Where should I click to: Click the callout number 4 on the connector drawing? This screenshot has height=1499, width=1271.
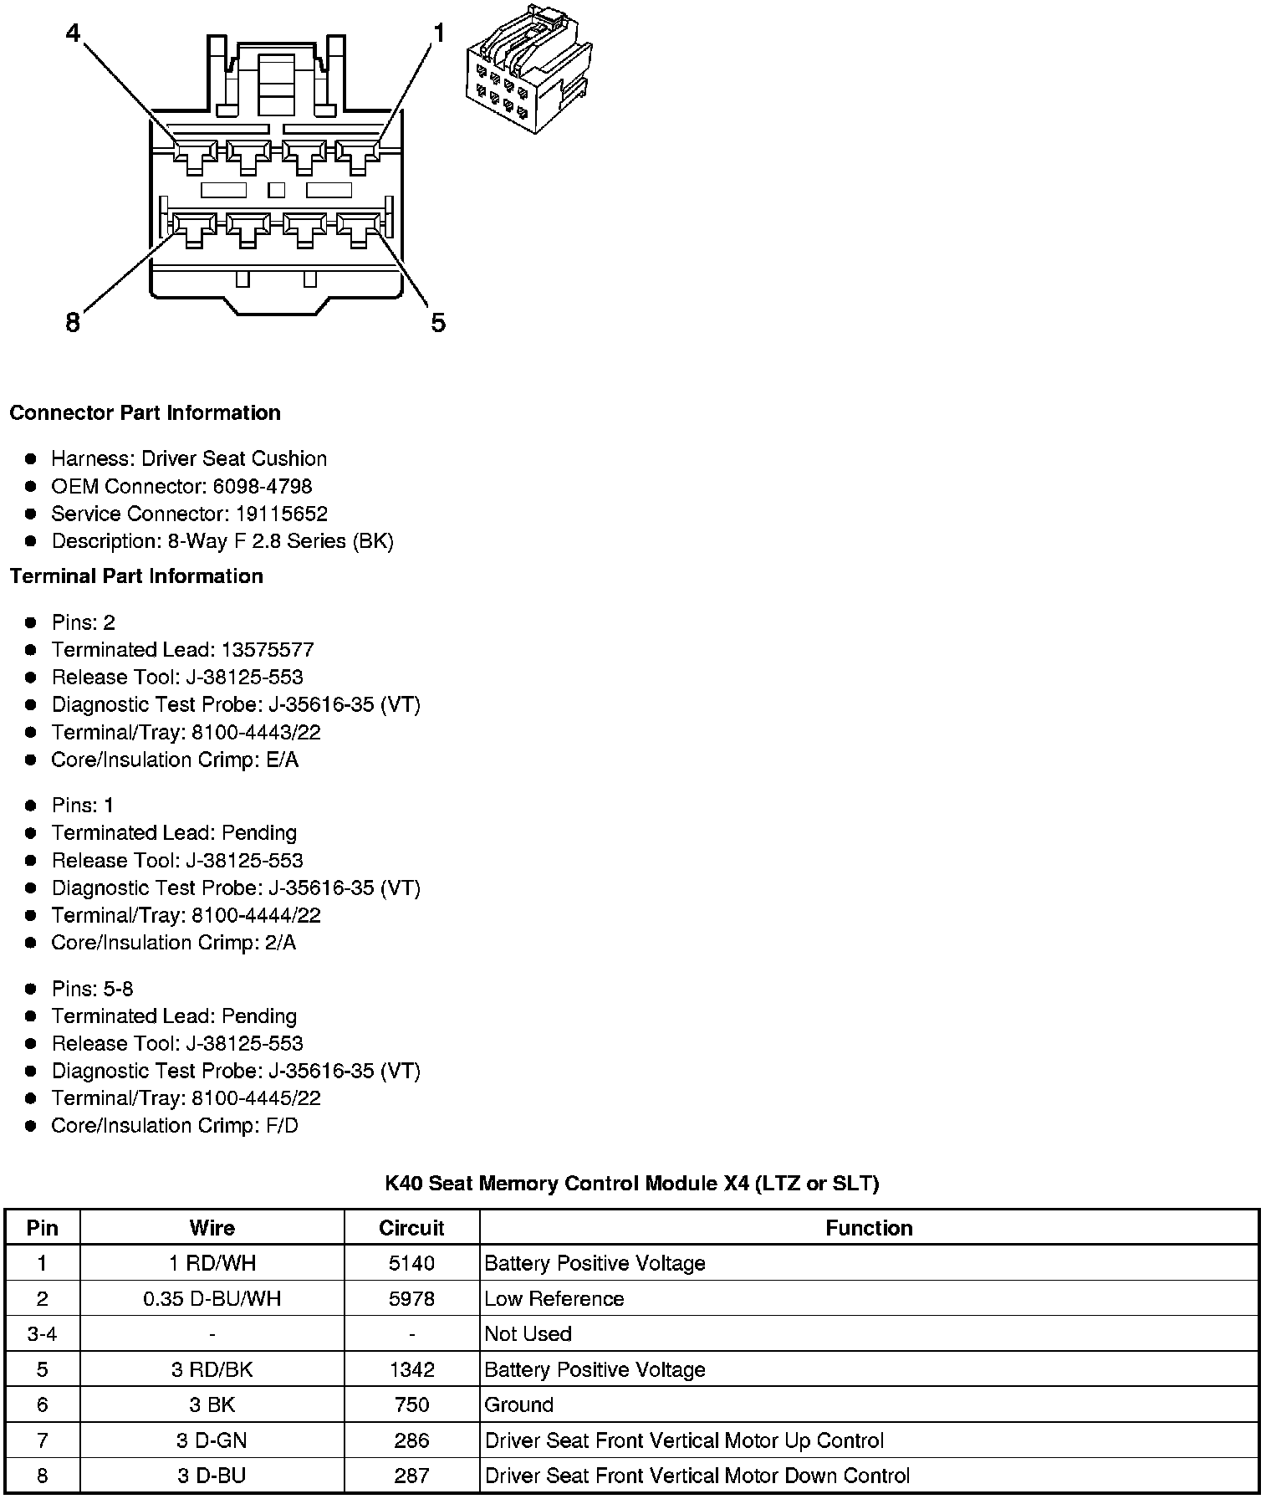74,33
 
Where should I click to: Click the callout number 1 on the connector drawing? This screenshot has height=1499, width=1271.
438,33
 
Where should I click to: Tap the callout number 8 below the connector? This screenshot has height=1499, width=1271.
73,322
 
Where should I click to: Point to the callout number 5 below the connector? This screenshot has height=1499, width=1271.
438,322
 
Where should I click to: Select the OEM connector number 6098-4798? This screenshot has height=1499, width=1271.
263,486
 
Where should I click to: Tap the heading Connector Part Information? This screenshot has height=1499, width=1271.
145,412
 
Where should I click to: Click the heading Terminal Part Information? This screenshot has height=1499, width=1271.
136,576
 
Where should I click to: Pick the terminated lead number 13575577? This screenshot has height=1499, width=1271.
266,650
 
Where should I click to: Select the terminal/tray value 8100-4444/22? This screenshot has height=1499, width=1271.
256,915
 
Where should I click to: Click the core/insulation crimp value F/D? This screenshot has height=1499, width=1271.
281,1125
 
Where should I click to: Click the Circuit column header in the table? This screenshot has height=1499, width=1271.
411,1227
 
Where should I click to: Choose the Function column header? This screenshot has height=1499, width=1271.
869,1227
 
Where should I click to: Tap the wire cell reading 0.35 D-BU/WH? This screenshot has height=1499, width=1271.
212,1298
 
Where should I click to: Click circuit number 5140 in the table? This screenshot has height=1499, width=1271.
411,1263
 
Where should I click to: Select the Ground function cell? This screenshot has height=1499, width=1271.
519,1404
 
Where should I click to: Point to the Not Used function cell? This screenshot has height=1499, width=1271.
528,1333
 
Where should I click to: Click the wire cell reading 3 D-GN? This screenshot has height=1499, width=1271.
212,1440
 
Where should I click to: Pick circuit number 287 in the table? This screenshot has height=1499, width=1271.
411,1476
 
